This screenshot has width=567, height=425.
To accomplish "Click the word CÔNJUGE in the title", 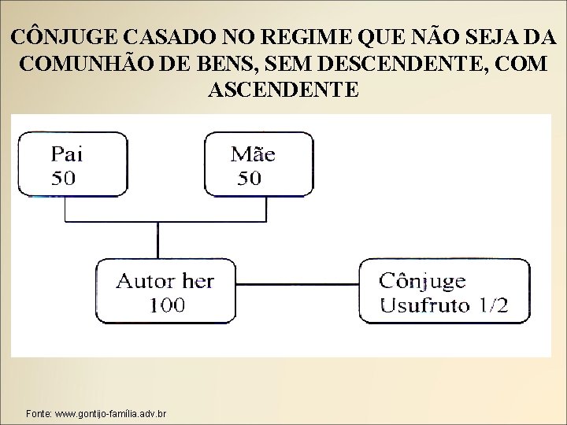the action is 63,37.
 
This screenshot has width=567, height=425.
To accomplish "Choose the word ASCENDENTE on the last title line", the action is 283,89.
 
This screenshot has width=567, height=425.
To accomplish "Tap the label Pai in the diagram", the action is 66,153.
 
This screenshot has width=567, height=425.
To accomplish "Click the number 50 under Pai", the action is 64,177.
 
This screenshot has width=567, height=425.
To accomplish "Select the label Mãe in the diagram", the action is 252,153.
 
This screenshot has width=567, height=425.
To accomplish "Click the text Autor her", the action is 165,280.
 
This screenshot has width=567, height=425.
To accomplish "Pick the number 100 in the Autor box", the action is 166,304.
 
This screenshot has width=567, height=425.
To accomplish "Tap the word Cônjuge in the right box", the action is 422,281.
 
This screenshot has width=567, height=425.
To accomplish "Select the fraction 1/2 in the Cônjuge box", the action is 493,305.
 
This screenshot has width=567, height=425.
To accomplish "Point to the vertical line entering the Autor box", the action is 157,239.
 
